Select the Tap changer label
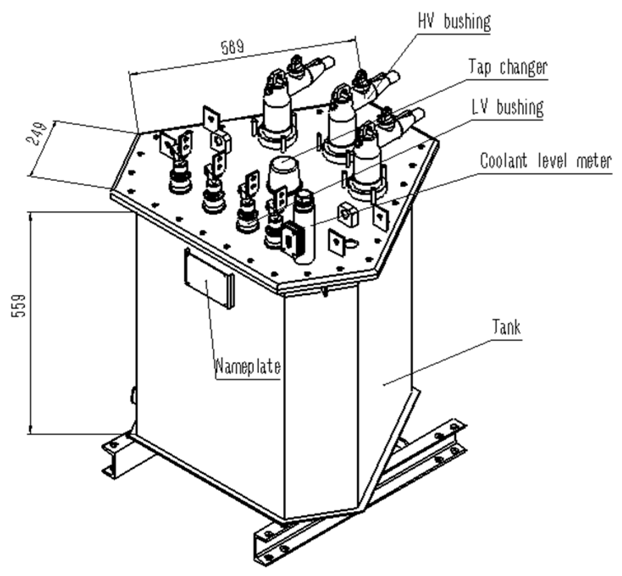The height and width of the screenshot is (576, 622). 508,68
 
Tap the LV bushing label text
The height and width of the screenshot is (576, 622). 508,108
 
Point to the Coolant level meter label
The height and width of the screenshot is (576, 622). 546,161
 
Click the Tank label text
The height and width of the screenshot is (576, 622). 506,327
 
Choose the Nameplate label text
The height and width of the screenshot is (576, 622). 248,366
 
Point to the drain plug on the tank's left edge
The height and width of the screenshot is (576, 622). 133,396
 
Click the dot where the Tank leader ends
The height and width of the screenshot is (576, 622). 384,385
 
